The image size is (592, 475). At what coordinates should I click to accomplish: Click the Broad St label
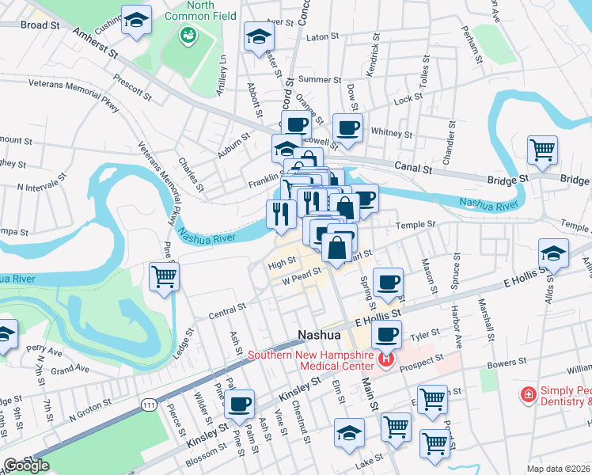[40, 25]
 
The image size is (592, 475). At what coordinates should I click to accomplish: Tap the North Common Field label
[212, 10]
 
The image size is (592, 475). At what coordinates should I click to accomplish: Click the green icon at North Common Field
[188, 35]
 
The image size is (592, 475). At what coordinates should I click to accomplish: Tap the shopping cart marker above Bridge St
[542, 148]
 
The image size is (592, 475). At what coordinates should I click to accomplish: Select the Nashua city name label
[318, 335]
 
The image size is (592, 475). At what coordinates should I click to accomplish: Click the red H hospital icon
[385, 361]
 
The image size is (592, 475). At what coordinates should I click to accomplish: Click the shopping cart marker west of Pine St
[165, 276]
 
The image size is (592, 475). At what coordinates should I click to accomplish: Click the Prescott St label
[132, 86]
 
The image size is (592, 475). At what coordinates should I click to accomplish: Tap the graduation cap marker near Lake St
[348, 432]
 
